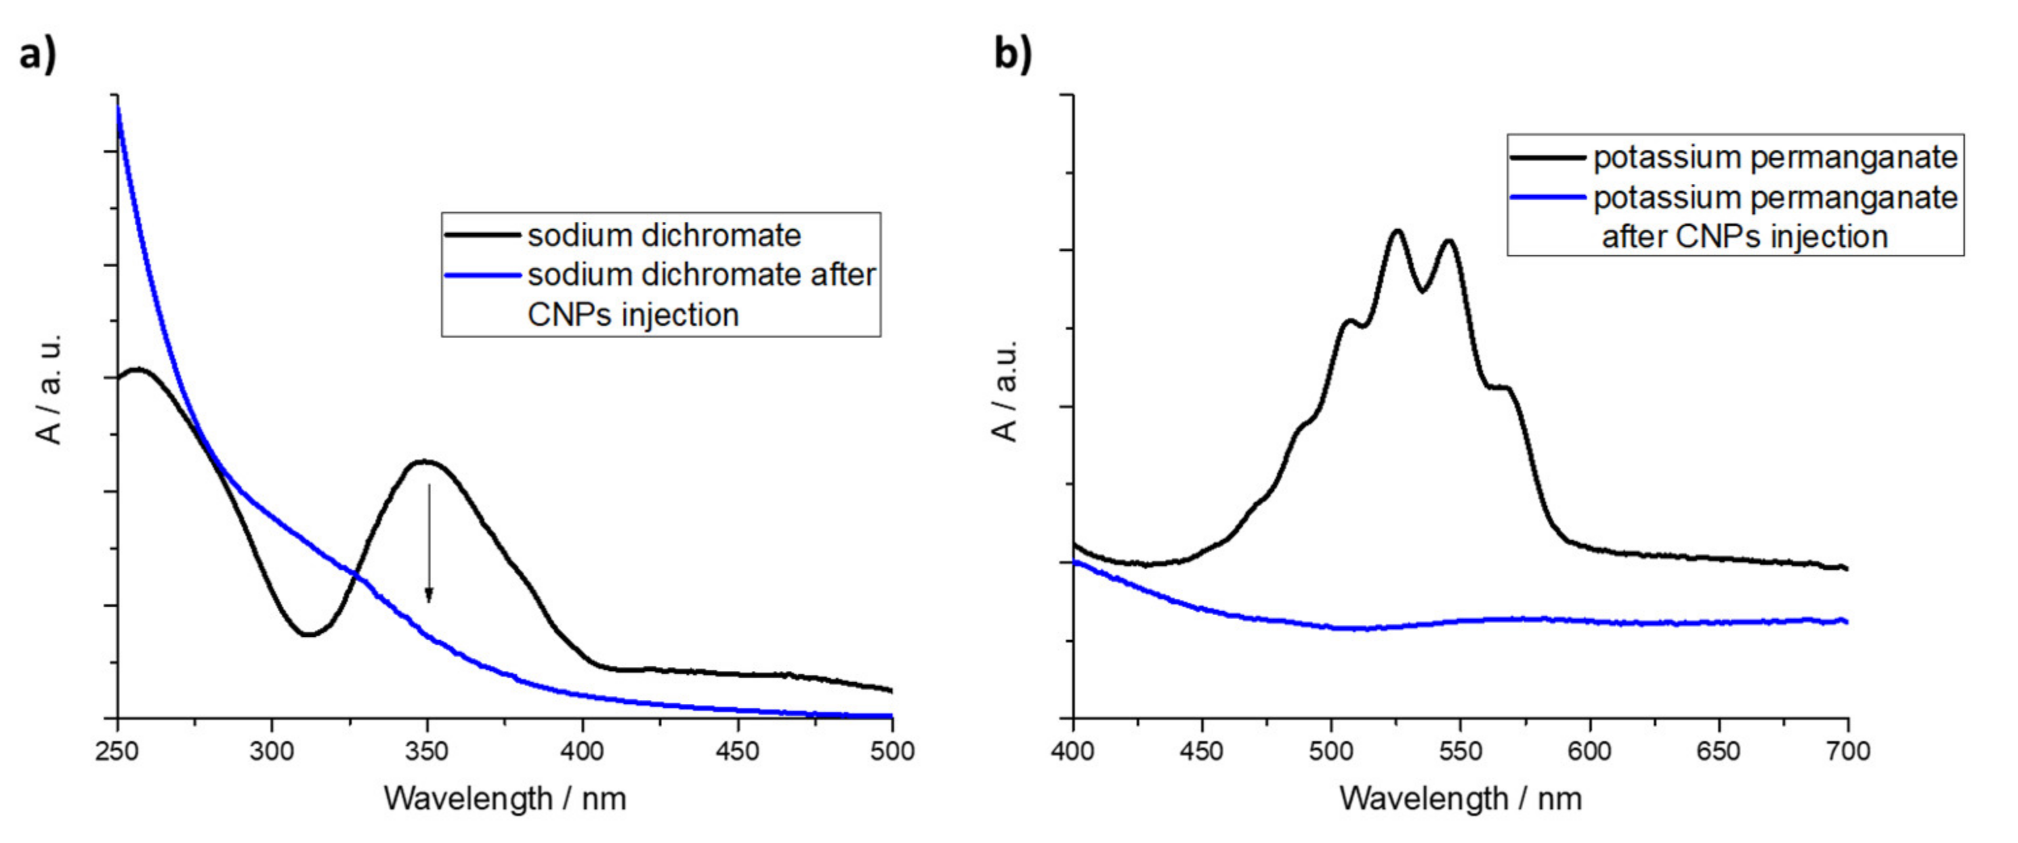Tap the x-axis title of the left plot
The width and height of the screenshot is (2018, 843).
(x=505, y=798)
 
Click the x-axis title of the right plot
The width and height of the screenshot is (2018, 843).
(x=1460, y=798)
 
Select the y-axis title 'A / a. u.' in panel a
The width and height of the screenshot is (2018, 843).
(x=49, y=389)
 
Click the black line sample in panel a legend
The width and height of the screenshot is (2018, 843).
(x=482, y=234)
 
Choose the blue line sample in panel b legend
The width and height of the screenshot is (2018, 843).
(x=1547, y=198)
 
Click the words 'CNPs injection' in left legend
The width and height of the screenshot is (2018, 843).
(x=633, y=315)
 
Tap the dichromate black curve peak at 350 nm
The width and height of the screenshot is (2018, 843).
(x=425, y=461)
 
